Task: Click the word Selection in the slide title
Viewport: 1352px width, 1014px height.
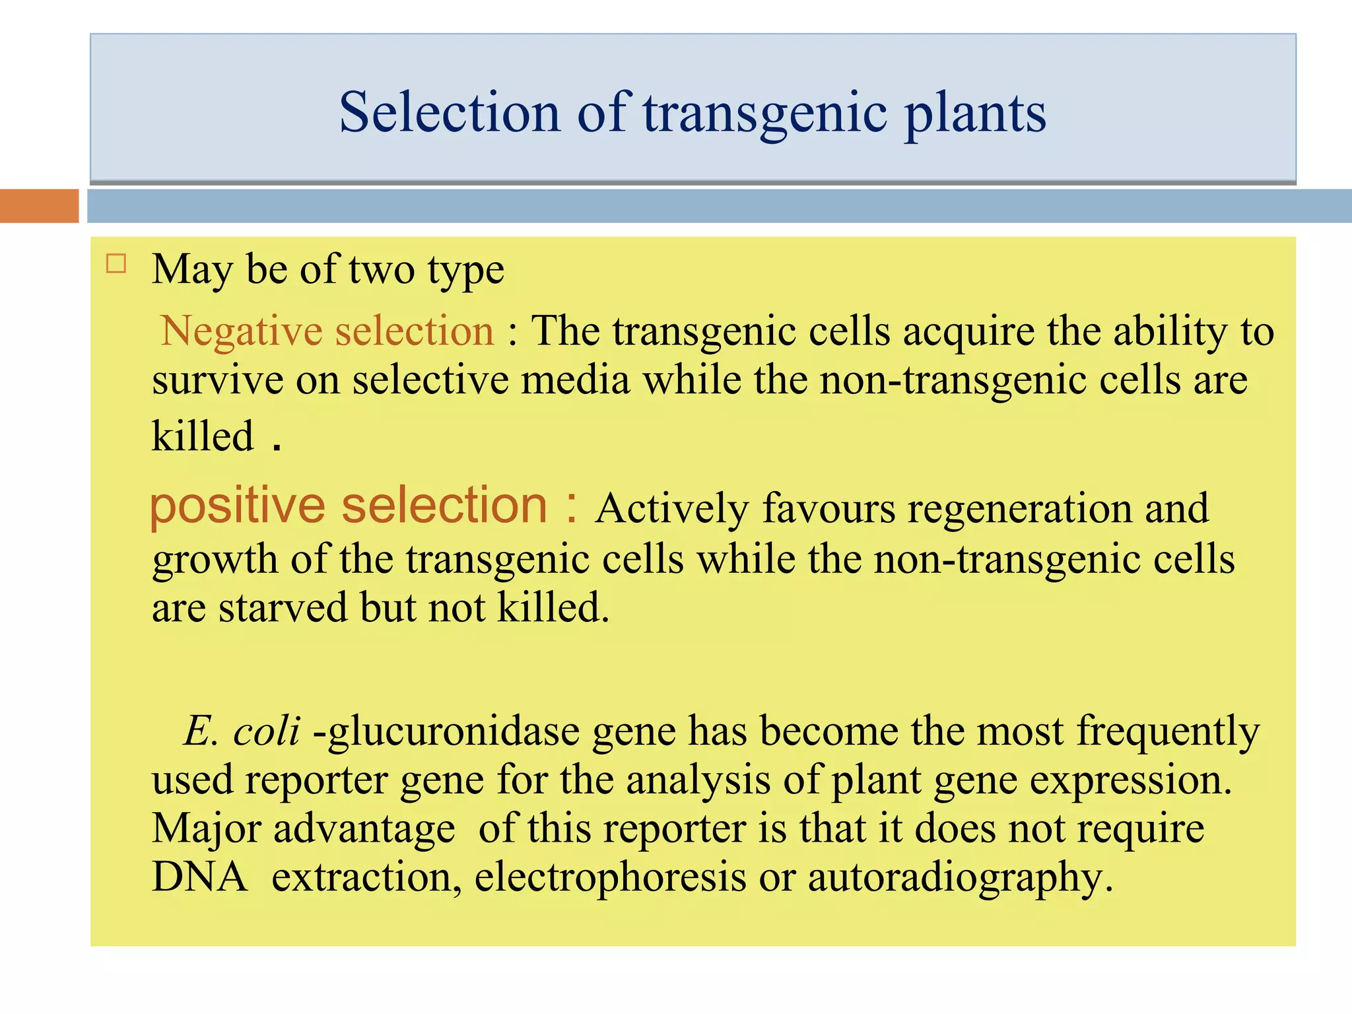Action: (450, 113)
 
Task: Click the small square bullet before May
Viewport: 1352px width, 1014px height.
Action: (116, 264)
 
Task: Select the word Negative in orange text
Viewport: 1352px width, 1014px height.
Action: (242, 331)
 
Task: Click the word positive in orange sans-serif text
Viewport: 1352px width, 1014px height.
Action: (237, 507)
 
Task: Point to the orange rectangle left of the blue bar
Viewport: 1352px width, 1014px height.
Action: (39, 206)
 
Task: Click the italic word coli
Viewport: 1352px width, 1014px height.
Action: (267, 731)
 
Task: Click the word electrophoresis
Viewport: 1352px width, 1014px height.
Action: (610, 878)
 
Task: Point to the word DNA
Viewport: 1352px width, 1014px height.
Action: (199, 878)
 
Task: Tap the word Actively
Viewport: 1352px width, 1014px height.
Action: (671, 510)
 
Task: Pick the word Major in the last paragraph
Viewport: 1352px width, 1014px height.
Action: (207, 829)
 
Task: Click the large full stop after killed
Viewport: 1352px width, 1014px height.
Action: (277, 448)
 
